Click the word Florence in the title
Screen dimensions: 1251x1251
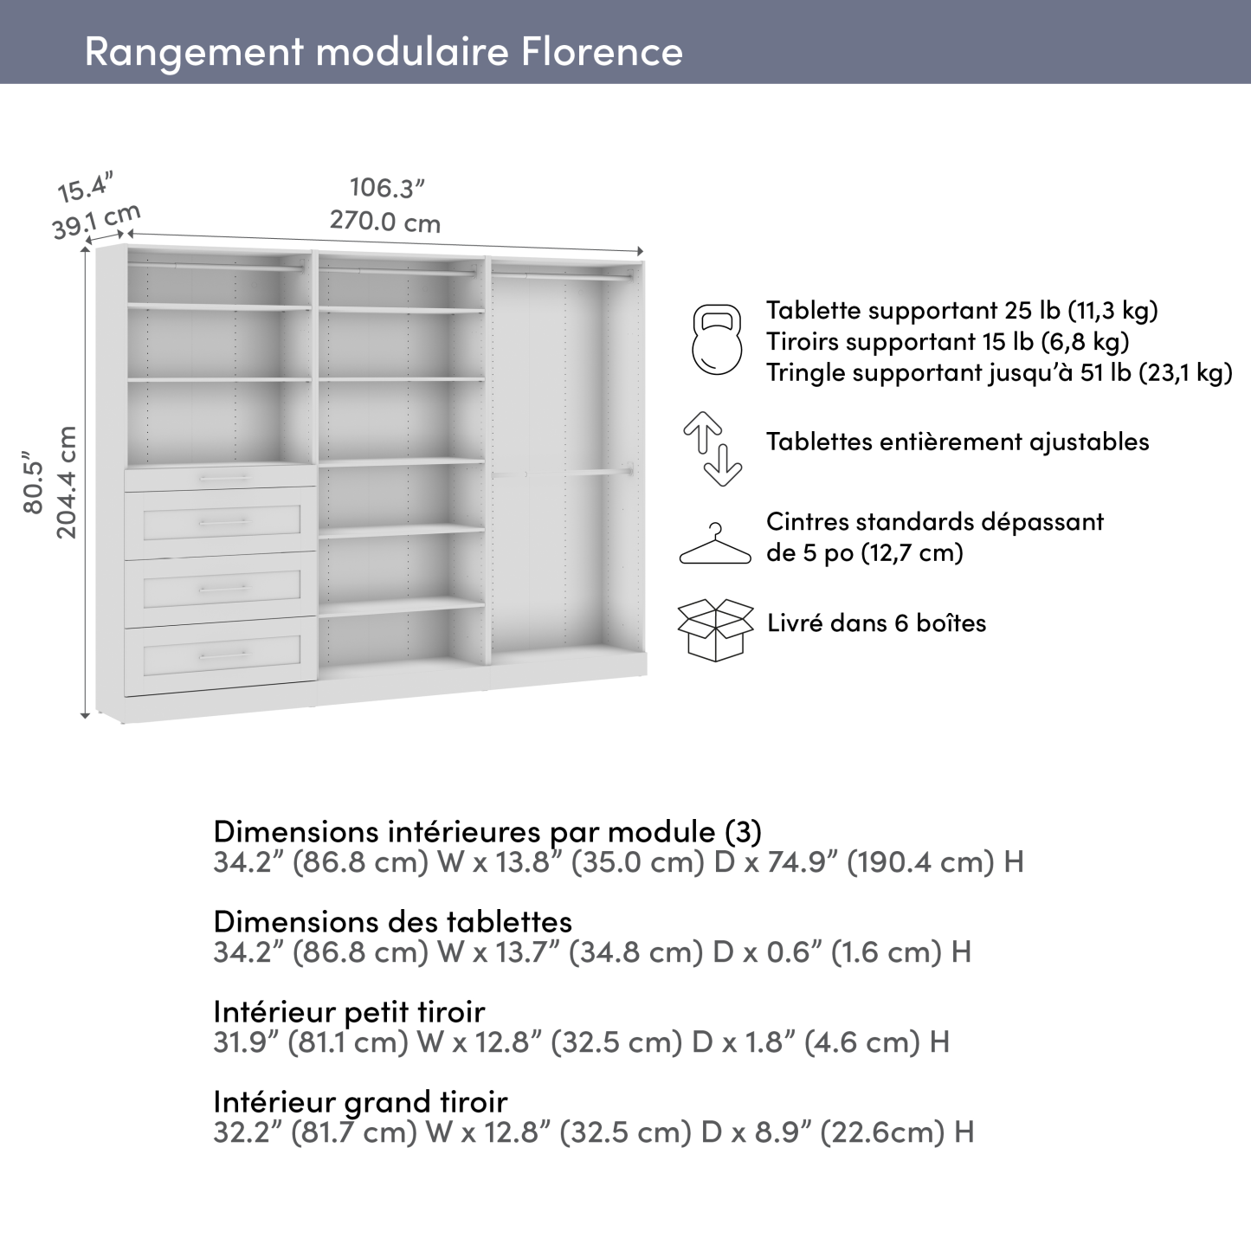602,51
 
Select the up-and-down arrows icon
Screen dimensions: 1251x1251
713,448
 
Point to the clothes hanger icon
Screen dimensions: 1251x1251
715,545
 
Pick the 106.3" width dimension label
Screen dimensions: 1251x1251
387,188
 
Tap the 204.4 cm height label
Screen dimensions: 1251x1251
67,481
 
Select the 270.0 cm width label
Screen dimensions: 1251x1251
385,222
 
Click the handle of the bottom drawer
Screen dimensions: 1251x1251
223,656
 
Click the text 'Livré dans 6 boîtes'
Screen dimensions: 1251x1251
876,622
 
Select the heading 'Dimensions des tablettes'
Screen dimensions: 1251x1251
392,921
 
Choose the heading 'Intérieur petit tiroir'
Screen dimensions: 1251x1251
349,1011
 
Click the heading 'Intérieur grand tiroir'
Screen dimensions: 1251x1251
360,1101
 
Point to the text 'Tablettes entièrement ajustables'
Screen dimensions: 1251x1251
958,442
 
